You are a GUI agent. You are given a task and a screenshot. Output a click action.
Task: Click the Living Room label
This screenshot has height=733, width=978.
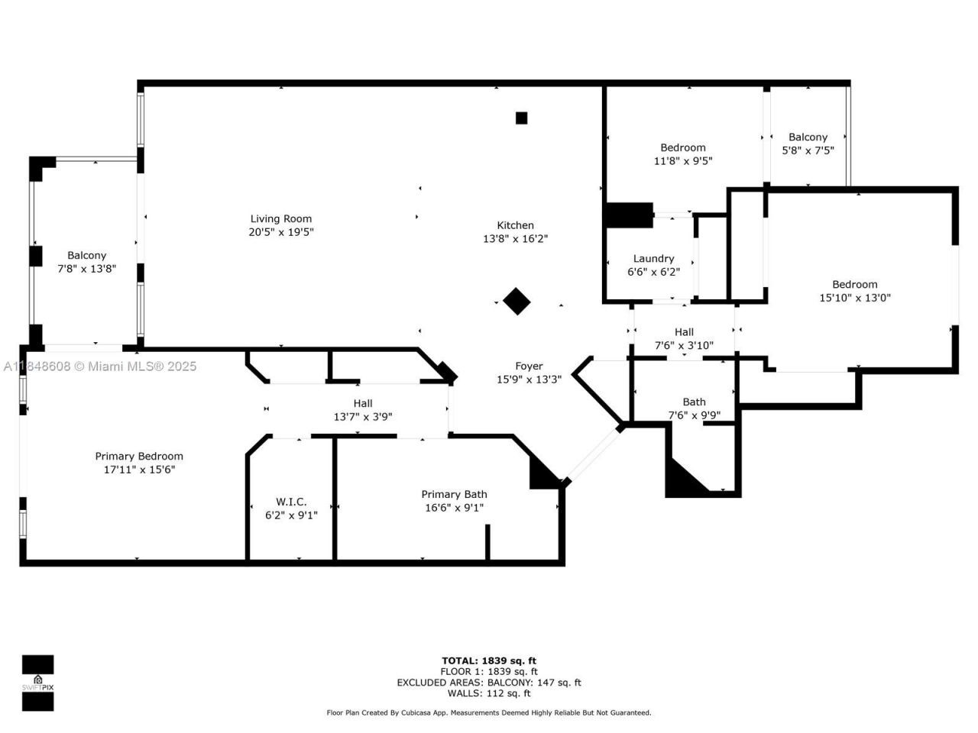coord(281,219)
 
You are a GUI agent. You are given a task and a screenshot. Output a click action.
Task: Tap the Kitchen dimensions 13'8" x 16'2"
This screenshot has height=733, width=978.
coord(515,239)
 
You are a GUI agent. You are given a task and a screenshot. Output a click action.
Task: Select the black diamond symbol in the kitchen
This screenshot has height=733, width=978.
coord(517,301)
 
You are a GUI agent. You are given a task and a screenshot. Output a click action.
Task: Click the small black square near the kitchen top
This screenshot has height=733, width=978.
coord(521,118)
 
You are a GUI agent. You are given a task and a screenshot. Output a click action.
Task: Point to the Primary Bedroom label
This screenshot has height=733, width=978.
coord(139,457)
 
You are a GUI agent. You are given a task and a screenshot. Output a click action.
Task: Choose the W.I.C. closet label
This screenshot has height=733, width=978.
coord(291,502)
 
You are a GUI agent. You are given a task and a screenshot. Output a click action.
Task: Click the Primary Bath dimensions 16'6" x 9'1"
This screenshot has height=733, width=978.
coord(454,508)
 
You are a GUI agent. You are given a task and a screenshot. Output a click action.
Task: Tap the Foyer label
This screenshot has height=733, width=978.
coord(529,366)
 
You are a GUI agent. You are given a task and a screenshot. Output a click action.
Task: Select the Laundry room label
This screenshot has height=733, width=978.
coord(653,259)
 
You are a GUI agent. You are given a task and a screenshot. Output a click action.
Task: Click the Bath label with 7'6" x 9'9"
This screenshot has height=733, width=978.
coord(694,402)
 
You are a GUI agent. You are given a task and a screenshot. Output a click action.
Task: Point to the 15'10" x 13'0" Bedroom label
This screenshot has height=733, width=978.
coord(854,285)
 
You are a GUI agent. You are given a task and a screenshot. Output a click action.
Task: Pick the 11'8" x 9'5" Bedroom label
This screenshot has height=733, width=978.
coord(683,148)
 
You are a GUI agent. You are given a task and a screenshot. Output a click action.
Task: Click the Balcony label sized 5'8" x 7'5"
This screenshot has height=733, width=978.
coord(808,137)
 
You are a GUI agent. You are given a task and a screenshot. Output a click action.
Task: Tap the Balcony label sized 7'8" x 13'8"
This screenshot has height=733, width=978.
coord(86,256)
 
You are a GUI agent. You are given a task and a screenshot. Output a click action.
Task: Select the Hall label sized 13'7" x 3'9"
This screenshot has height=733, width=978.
coord(363,403)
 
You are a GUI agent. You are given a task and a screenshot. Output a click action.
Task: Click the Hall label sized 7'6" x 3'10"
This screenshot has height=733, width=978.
coord(684,332)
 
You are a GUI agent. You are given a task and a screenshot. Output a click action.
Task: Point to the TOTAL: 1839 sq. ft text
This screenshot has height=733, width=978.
coord(489,660)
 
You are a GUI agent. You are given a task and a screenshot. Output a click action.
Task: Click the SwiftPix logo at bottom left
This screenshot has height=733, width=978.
coord(37,683)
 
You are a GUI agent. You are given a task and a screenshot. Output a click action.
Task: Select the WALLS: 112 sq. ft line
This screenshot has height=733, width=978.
coord(489,693)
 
